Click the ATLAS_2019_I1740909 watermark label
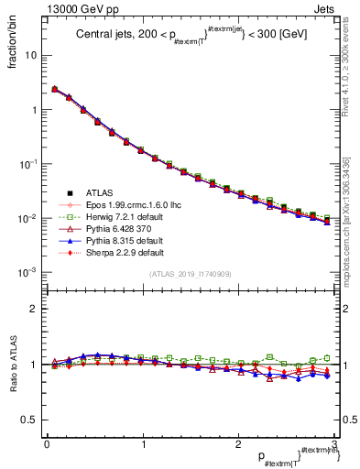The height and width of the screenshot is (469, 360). point(190,274)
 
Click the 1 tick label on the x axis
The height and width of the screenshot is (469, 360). point(142,444)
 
